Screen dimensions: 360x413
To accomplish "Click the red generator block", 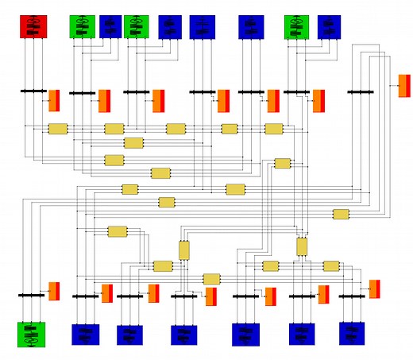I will tap(33, 27).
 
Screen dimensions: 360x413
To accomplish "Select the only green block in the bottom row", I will tap(33, 335).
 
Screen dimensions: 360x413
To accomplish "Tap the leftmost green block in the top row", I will tap(82, 27).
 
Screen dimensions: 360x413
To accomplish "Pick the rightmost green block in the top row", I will tap(297, 27).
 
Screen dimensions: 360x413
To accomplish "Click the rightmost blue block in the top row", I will tap(329, 27).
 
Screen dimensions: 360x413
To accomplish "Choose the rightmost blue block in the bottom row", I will tap(351, 334).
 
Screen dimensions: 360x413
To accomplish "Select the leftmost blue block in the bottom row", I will tap(86, 335).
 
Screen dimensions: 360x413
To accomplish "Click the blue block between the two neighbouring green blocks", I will tap(110, 27).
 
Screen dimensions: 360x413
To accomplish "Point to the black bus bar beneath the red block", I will tap(33, 91).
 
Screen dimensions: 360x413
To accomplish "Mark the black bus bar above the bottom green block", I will tap(32, 295).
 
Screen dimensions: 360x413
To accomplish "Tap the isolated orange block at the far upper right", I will tap(404, 86).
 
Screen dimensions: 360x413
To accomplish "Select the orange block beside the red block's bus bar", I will tap(54, 101).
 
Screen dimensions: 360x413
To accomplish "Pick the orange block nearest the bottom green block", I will tap(54, 291).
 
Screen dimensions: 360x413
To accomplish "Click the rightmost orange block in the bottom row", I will tap(374, 288).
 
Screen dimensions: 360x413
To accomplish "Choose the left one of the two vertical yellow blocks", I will tap(184, 250).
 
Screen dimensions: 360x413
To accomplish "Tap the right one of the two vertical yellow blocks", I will tap(302, 246).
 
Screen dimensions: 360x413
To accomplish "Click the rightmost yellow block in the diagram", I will tap(341, 215).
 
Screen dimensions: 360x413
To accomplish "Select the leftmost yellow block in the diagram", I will tap(58, 129).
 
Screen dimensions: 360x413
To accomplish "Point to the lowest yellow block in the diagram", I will tap(211, 279).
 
